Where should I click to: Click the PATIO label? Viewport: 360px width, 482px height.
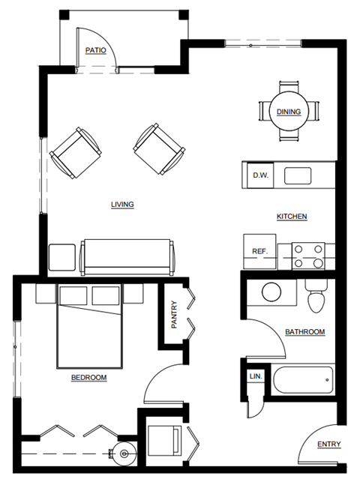pyautogui.click(x=95, y=50)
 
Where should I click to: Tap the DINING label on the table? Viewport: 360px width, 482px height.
pyautogui.click(x=289, y=112)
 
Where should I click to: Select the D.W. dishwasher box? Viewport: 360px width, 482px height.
pyautogui.click(x=260, y=176)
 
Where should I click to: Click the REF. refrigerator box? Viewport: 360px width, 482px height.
pyautogui.click(x=260, y=251)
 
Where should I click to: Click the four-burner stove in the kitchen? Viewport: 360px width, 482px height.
pyautogui.click(x=307, y=255)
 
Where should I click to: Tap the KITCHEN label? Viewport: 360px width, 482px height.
pyautogui.click(x=292, y=217)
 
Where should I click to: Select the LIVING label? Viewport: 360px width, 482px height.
pyautogui.click(x=122, y=204)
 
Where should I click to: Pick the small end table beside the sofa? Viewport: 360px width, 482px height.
pyautogui.click(x=61, y=257)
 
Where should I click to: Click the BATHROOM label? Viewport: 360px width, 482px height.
pyautogui.click(x=304, y=332)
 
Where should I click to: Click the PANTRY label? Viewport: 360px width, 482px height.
pyautogui.click(x=173, y=315)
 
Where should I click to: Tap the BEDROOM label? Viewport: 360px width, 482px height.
pyautogui.click(x=88, y=378)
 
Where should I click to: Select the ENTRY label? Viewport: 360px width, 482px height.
pyautogui.click(x=328, y=445)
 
